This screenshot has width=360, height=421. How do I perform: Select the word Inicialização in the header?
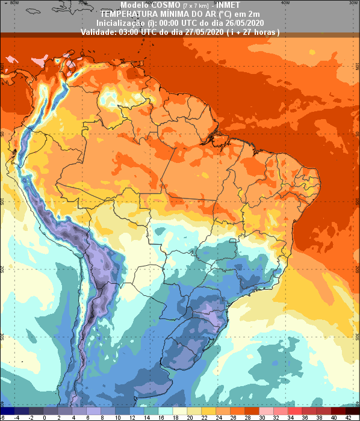point(118,22)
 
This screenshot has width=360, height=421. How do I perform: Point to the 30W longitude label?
point(352,2)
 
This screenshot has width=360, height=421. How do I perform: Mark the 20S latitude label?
point(2,268)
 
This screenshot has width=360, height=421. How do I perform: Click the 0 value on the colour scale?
point(45,417)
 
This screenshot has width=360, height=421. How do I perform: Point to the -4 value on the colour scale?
point(17,417)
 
